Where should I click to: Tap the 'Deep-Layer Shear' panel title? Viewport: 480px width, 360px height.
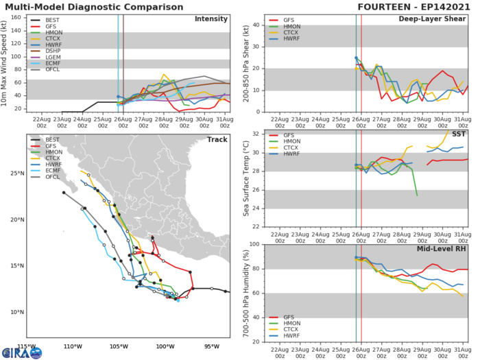[x=432, y=19]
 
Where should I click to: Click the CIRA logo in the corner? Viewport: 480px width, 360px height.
[x=21, y=352]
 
